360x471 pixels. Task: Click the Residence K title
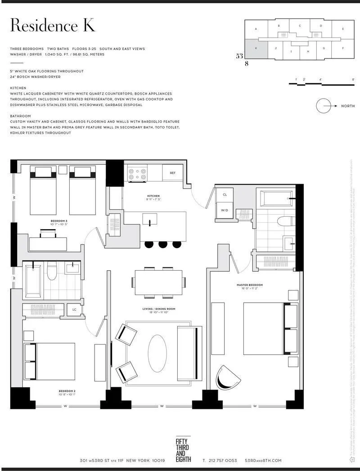(53, 26)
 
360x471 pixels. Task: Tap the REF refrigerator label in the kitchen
(172, 173)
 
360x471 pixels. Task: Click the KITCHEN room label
(153, 196)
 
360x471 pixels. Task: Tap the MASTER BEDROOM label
(250, 285)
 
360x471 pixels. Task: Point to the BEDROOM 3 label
(59, 221)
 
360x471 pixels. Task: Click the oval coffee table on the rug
(157, 353)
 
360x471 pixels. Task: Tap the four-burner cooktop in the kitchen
(137, 174)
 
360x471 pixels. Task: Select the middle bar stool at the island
(162, 244)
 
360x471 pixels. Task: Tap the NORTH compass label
(348, 106)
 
